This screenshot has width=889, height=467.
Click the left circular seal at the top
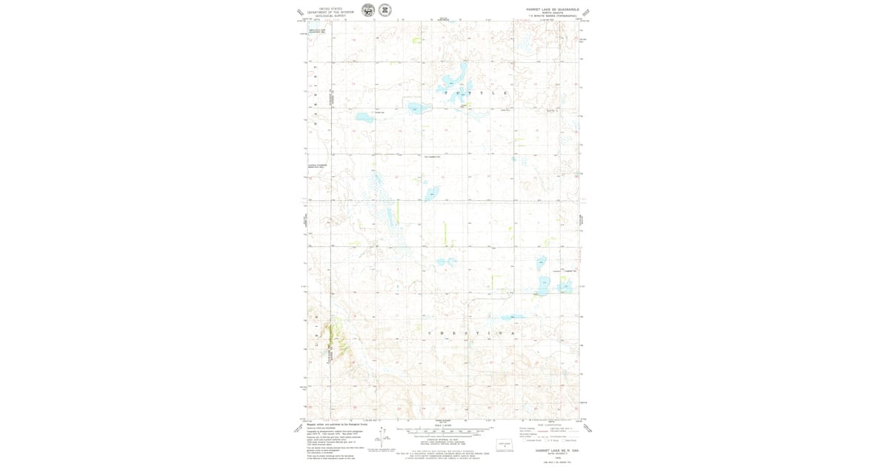click(368, 10)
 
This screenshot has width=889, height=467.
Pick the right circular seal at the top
click(385, 10)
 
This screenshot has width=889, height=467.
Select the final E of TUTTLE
click(505, 93)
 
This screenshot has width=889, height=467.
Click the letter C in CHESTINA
click(429, 334)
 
